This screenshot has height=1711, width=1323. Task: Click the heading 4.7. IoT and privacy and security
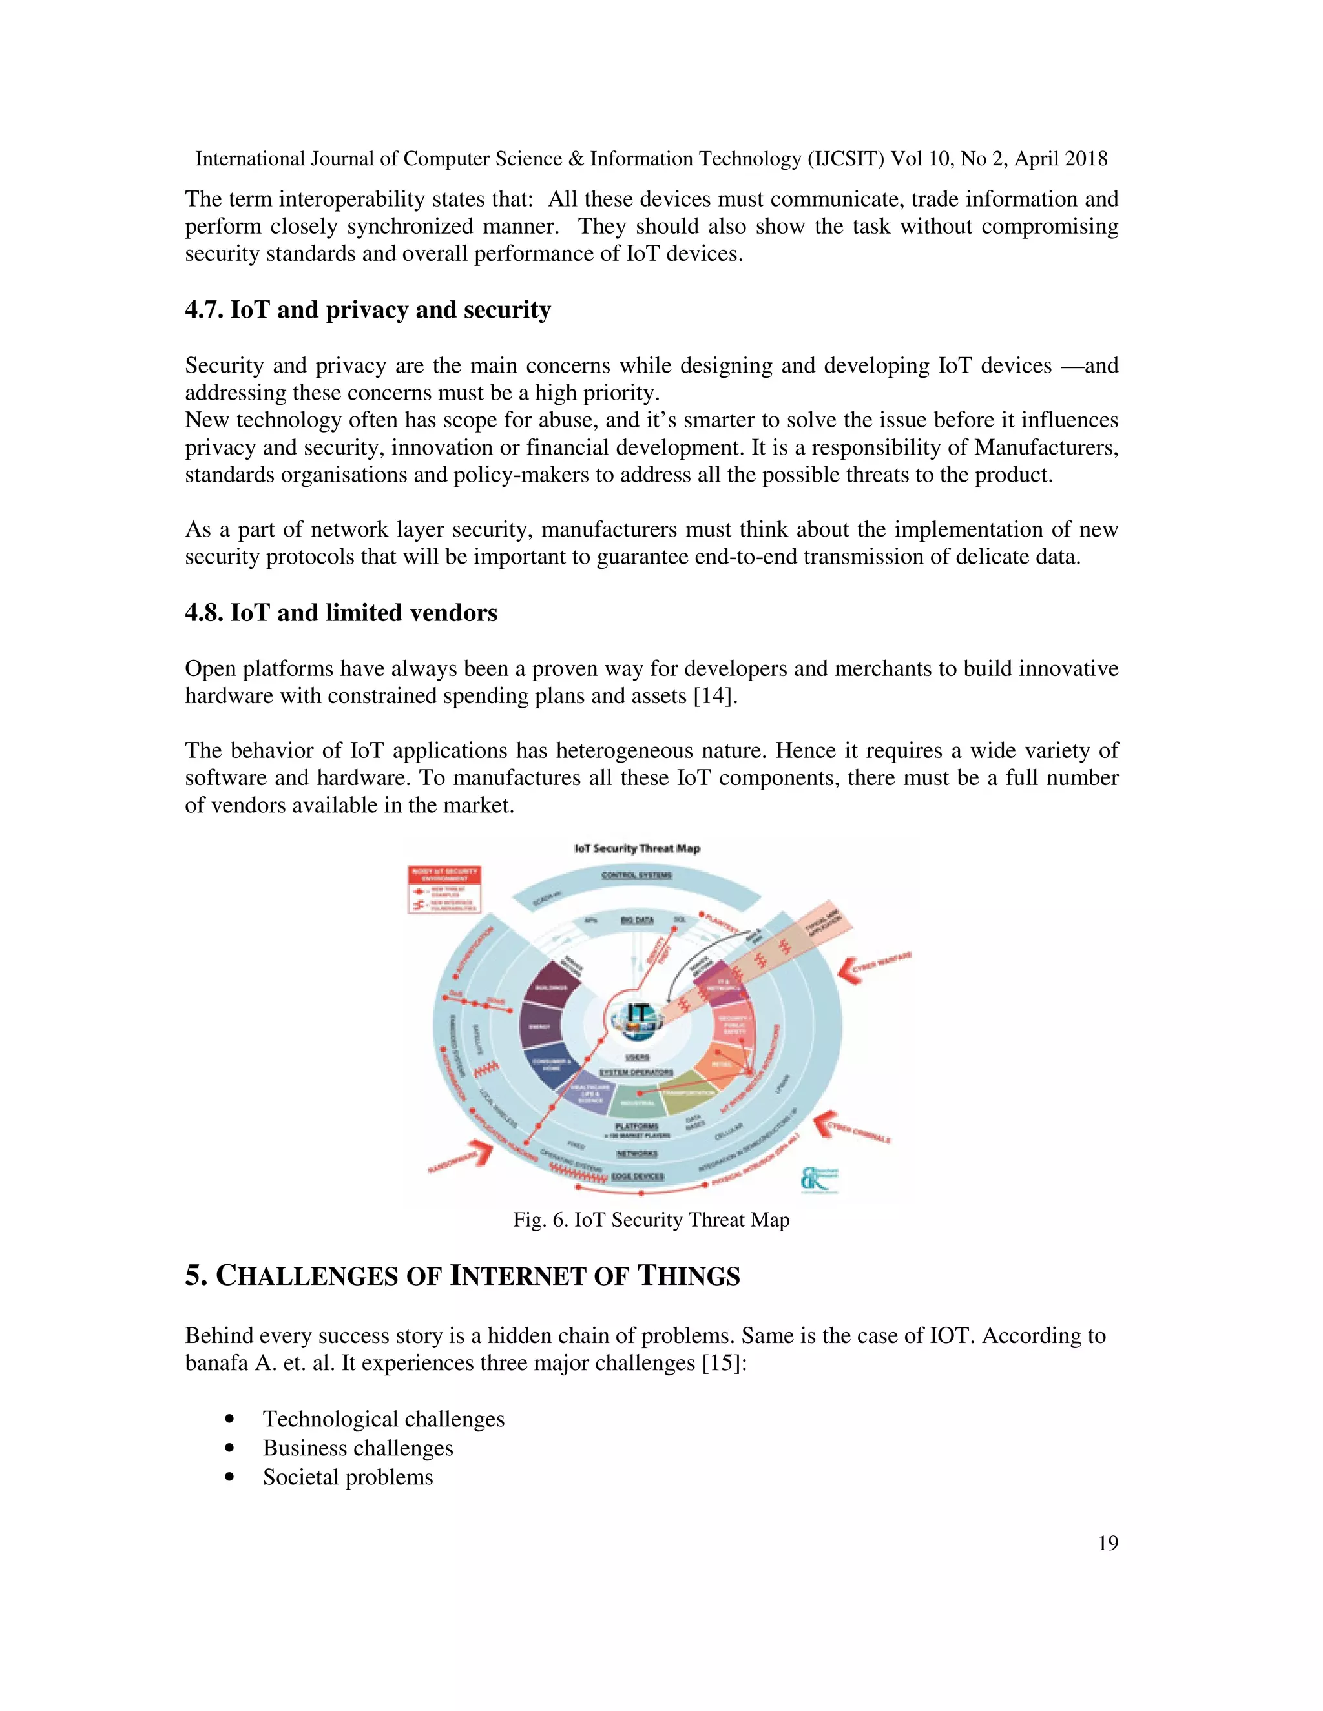(x=368, y=310)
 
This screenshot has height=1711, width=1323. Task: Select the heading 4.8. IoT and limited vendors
(x=341, y=613)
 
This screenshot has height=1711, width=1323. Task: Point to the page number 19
(x=1107, y=1543)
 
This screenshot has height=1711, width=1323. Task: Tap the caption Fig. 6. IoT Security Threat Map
(x=651, y=1220)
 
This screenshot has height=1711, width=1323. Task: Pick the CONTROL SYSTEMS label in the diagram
(x=636, y=875)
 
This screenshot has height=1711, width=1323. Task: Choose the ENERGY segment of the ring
(x=539, y=1027)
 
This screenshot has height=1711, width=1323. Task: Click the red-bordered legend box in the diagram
(x=444, y=890)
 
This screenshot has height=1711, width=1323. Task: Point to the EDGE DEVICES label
(x=637, y=1176)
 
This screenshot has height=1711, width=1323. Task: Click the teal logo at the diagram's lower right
(x=819, y=1179)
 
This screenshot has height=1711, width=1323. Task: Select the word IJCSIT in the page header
(x=849, y=159)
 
